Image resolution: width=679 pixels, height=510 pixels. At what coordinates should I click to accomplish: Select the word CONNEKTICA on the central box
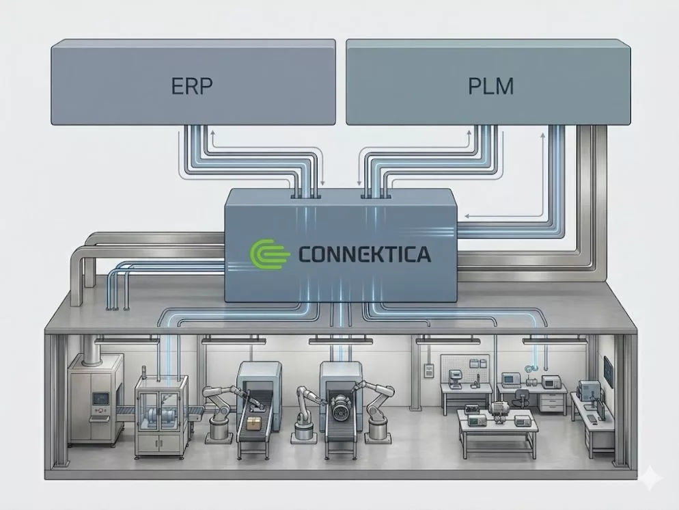coord(365,256)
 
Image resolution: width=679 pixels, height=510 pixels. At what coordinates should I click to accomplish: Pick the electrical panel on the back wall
coord(429,370)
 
